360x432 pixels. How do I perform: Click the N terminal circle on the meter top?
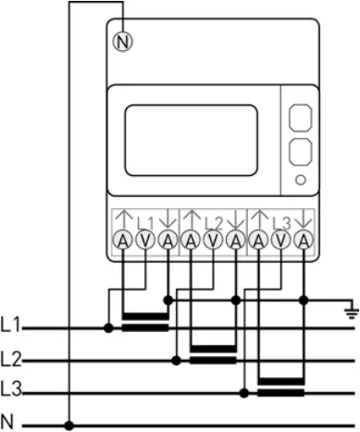point(121,41)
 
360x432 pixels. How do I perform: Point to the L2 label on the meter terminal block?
point(213,222)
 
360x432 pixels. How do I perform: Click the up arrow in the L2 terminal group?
point(191,220)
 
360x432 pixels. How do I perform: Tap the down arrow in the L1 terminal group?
point(167,220)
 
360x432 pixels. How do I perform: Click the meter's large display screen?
point(191,140)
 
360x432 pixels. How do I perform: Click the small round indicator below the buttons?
point(300,178)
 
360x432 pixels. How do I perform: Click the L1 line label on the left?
point(11,327)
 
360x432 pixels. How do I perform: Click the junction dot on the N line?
point(69,425)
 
